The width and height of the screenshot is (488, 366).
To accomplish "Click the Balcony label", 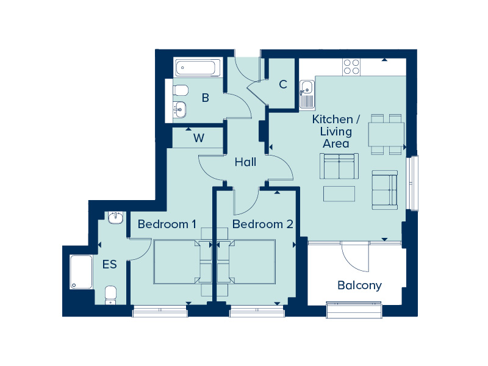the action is click(x=359, y=285).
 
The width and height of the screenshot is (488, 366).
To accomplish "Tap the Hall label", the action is click(x=246, y=162).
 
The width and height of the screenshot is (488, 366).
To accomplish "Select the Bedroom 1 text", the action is click(x=167, y=224).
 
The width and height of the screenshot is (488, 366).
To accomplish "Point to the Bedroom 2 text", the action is click(x=263, y=224).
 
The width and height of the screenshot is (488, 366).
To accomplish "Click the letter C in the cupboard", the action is click(x=283, y=84).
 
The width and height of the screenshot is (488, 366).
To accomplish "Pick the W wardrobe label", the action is click(x=199, y=138).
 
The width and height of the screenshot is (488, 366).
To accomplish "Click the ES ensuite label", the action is click(x=110, y=264).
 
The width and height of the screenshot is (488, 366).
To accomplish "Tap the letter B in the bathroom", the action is click(x=206, y=98).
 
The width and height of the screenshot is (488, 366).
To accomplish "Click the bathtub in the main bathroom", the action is click(x=196, y=67).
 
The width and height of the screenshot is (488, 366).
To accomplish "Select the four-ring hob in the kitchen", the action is click(x=351, y=67).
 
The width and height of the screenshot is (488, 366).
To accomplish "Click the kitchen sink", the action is click(x=307, y=94).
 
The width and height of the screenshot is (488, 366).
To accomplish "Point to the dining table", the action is click(x=386, y=134).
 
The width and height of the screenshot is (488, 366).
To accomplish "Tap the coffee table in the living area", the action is click(x=339, y=193).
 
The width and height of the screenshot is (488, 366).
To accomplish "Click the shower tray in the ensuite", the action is click(x=81, y=272).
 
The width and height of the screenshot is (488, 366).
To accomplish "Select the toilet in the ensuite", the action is click(x=110, y=295).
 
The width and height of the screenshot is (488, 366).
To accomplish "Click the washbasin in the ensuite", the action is click(x=116, y=217).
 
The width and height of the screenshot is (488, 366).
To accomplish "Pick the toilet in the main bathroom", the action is click(x=181, y=90).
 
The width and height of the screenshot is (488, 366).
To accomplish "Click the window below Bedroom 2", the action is click(x=257, y=311).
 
